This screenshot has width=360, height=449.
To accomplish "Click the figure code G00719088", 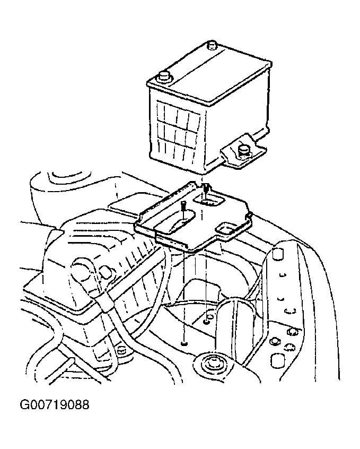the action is (55, 405).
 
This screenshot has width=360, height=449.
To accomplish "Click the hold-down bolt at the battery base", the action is (243, 151).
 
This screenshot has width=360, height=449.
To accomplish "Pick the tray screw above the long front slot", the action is (183, 207).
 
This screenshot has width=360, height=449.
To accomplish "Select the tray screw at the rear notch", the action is (206, 189).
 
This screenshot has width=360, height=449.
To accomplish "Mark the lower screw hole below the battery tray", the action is (184, 343).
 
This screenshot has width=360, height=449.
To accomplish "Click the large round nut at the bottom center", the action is (212, 364).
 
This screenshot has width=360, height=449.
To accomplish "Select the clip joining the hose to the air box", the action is (105, 304).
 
